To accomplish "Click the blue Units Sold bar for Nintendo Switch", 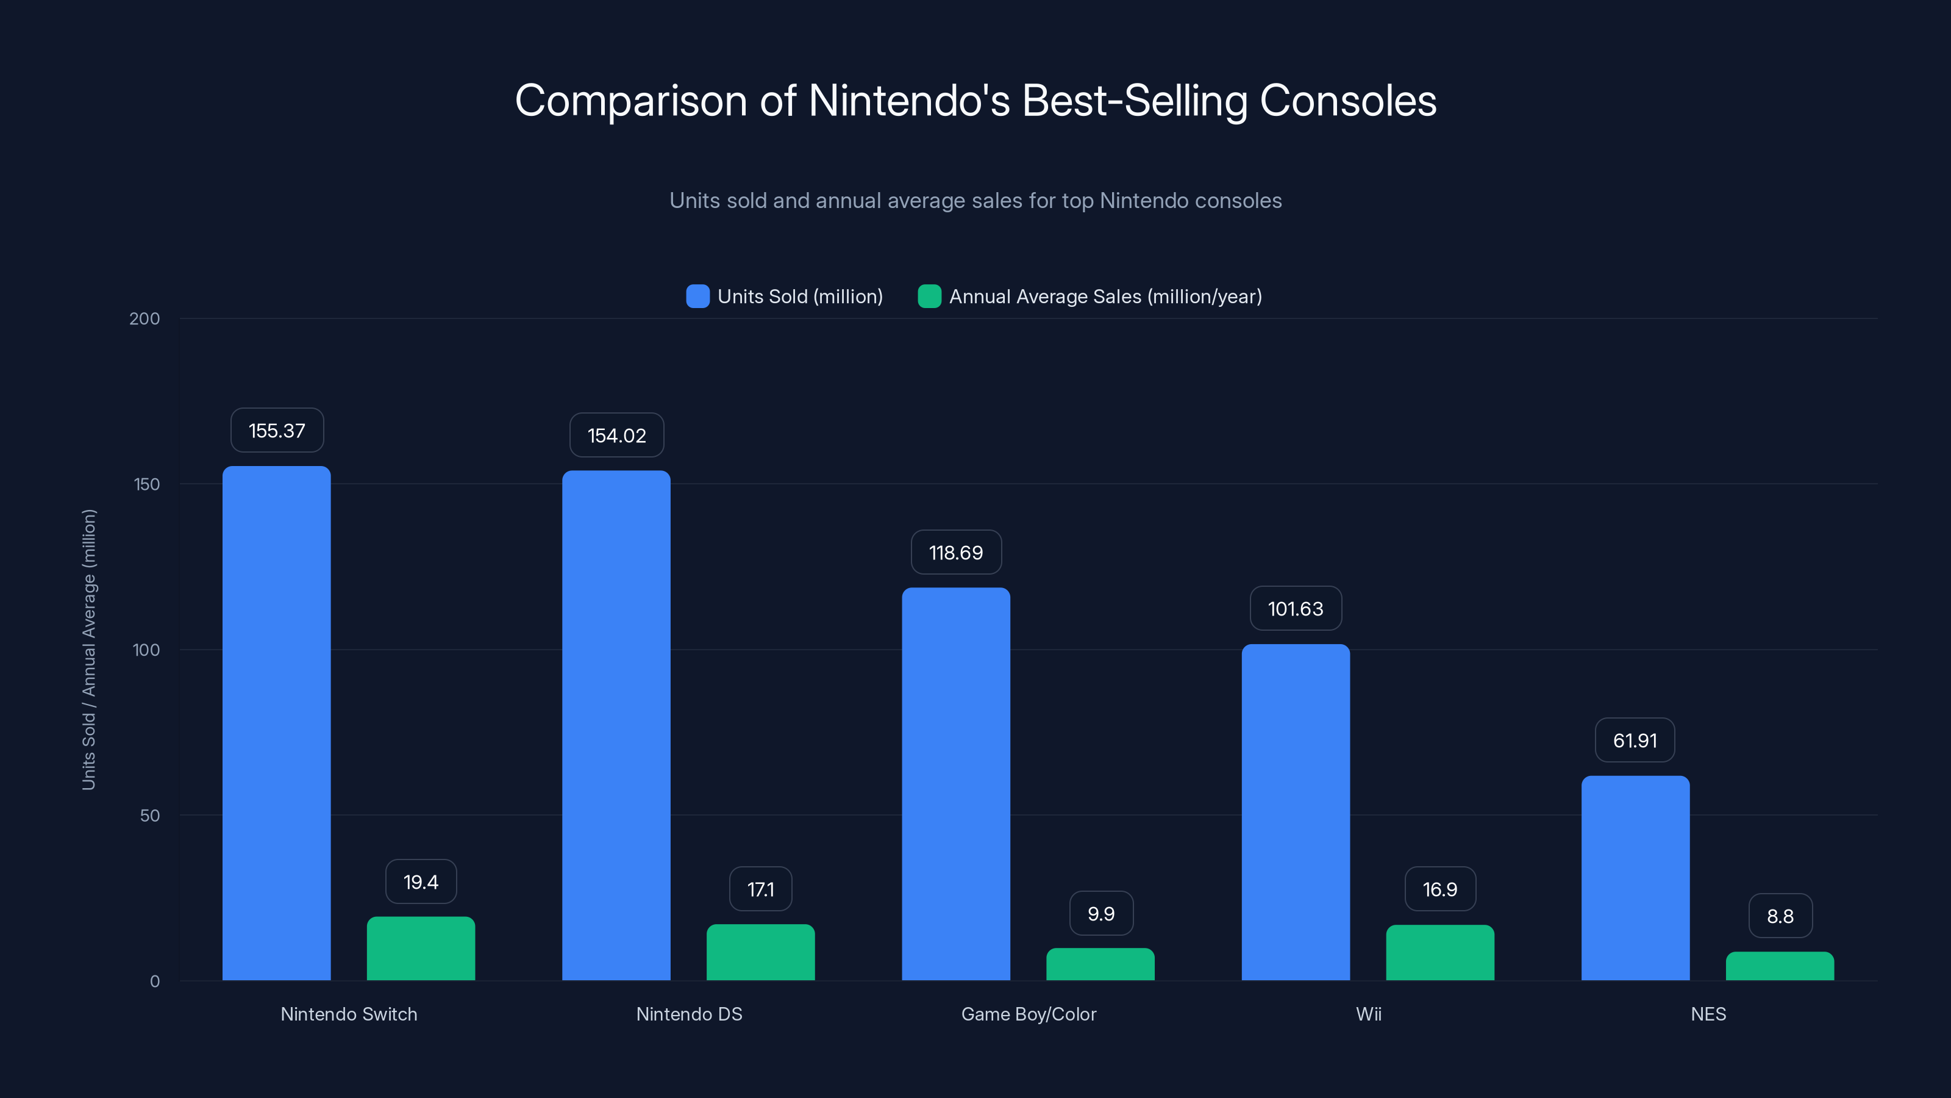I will tap(276, 723).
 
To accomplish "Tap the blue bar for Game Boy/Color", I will tap(956, 784).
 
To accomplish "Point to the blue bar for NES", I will tap(1635, 878).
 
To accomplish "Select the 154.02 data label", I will tap(616, 436).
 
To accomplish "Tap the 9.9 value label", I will tap(1100, 914).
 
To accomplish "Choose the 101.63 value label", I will tap(1295, 609).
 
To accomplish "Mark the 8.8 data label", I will tap(1780, 916).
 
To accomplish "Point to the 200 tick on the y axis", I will tap(144, 319).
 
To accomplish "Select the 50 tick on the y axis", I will tap(150, 816).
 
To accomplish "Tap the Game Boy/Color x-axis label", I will tap(1029, 1014).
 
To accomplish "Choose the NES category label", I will tap(1708, 1014).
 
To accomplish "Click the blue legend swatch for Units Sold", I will tap(697, 296).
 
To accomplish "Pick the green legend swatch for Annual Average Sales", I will tap(929, 296).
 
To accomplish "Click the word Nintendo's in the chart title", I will tap(909, 101).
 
